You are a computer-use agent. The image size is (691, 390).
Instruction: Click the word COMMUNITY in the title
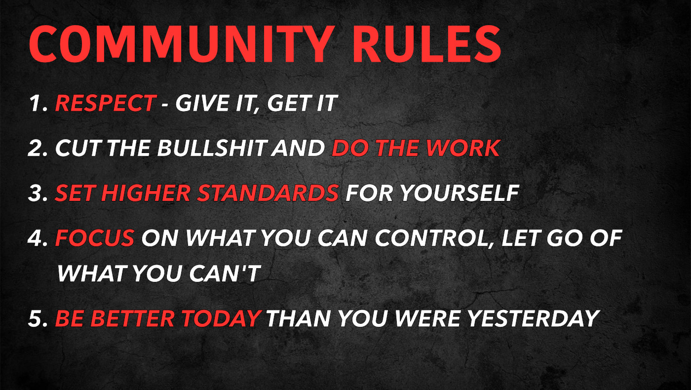pyautogui.click(x=182, y=44)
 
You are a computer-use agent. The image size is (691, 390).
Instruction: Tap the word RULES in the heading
pyautogui.click(x=427, y=44)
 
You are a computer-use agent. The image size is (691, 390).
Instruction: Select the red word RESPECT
pyautogui.click(x=105, y=103)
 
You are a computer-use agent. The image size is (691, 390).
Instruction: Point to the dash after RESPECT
pyautogui.click(x=165, y=105)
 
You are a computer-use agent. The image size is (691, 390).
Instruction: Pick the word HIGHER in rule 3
pyautogui.click(x=146, y=193)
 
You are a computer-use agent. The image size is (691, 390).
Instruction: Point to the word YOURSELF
pyautogui.click(x=460, y=193)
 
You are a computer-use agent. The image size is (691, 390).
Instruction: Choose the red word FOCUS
pyautogui.click(x=95, y=238)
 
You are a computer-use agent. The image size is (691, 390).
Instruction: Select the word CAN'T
pyautogui.click(x=225, y=273)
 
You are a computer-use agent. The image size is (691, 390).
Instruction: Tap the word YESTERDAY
pyautogui.click(x=534, y=318)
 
